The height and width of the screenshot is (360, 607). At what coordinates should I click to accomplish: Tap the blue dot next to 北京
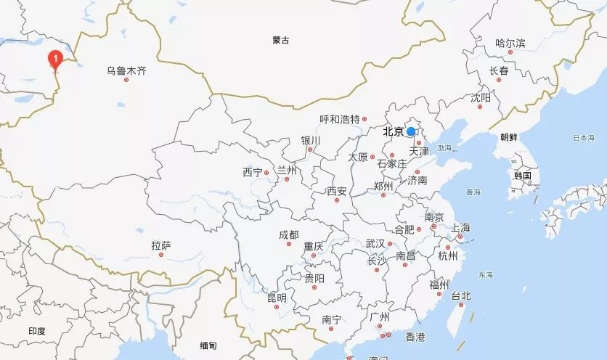coord(411,131)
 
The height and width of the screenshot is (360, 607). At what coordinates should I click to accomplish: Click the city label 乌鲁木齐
coord(126,70)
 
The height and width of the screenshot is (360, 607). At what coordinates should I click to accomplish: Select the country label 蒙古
coord(281,41)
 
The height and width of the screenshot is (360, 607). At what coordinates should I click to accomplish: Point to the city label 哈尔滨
coord(510,44)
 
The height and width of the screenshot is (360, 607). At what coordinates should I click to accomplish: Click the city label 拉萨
coord(161,246)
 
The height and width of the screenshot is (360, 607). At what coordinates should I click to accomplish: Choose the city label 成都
coord(288,234)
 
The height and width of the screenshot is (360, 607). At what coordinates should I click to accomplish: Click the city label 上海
coord(460,227)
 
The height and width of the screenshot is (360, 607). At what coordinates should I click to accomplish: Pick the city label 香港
coord(415,337)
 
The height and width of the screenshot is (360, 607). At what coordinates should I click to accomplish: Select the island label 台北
coord(461,295)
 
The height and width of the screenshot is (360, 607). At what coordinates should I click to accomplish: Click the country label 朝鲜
coord(509,136)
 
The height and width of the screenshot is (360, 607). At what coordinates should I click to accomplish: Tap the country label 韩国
coord(522,176)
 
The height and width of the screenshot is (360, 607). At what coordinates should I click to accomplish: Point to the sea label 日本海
coord(583,138)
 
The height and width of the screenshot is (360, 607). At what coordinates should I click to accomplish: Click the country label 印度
coord(36,331)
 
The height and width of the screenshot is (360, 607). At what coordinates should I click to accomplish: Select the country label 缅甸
coord(209,345)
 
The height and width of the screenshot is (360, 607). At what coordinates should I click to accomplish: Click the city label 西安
coord(336,192)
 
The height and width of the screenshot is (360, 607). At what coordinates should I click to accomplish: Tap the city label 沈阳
coord(481,97)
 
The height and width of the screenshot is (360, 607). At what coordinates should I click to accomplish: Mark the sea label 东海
coord(486,275)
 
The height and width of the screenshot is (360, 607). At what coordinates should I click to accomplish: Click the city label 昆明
coord(277,298)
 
